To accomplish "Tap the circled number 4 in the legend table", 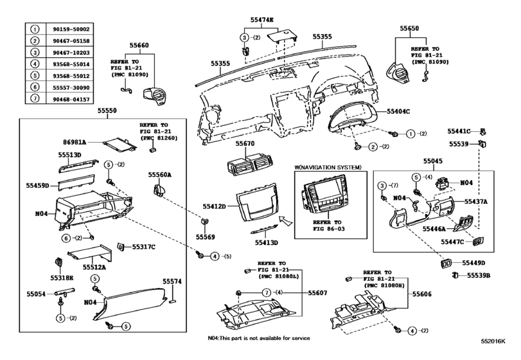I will click(x=37, y=64).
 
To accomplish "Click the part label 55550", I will click(x=107, y=111).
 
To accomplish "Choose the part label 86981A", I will click(x=75, y=139).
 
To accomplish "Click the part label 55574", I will click(x=172, y=282).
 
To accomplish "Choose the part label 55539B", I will click(x=478, y=275).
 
